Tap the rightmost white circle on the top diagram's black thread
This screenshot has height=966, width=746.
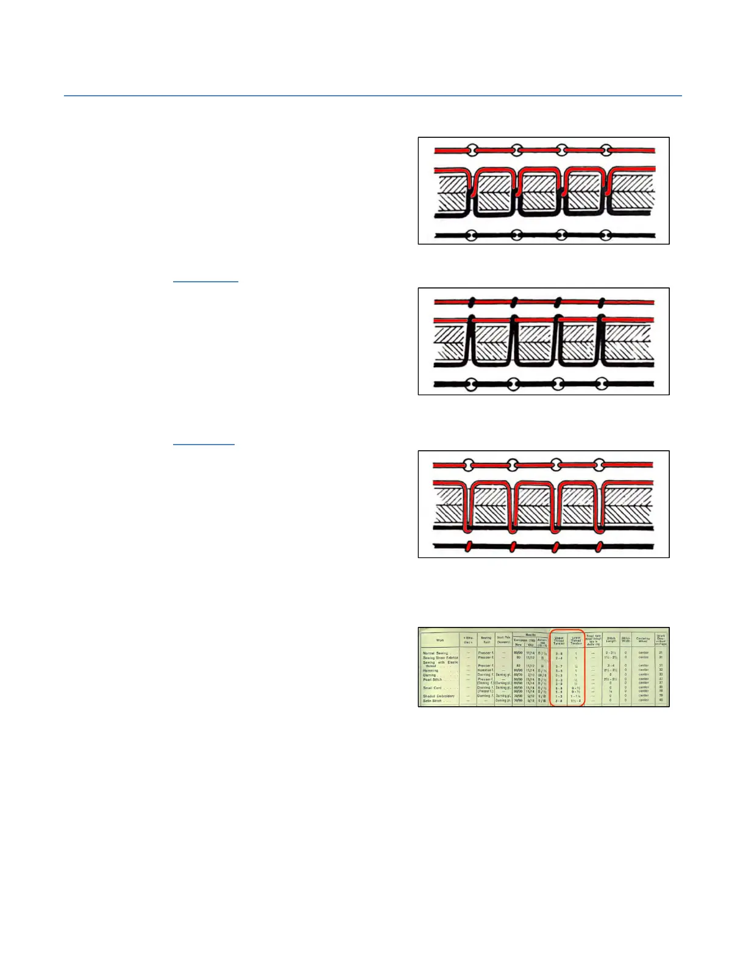click(x=605, y=235)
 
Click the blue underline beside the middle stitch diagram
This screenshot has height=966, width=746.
click(x=205, y=282)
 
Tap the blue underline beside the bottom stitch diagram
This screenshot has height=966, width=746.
click(x=204, y=445)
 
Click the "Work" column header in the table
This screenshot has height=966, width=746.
click(x=440, y=640)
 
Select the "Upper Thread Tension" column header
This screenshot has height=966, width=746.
click(x=559, y=640)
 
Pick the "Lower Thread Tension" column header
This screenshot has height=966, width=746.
click(x=576, y=640)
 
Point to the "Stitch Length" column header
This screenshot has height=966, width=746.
click(x=611, y=640)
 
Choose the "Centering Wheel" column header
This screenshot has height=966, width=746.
click(x=643, y=640)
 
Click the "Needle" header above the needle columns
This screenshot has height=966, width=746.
click(x=530, y=634)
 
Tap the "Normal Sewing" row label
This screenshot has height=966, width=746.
click(x=435, y=653)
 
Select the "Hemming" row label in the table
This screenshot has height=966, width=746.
click(x=431, y=671)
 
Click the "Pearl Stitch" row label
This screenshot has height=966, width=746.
click(x=433, y=679)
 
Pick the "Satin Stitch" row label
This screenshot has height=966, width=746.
click(x=433, y=701)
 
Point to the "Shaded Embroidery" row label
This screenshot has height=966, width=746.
click(x=439, y=696)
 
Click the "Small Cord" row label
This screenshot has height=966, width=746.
click(x=432, y=688)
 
